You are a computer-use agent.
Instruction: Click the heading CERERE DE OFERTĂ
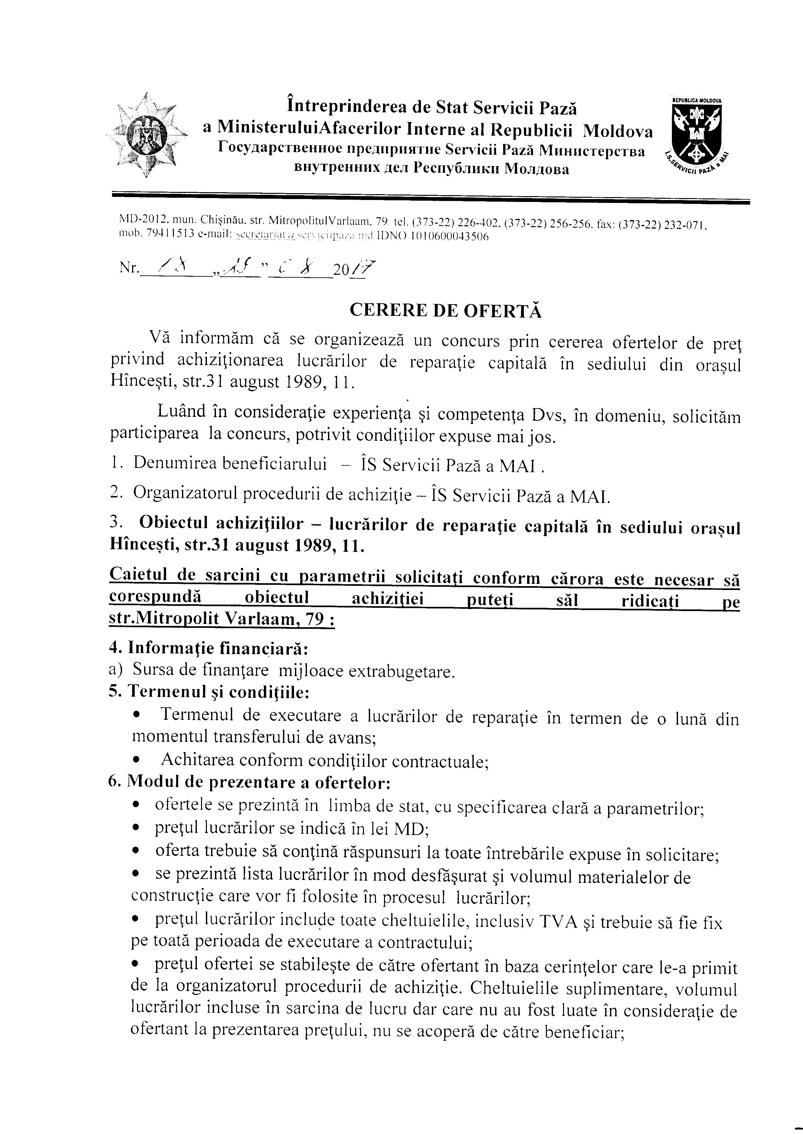coord(446,310)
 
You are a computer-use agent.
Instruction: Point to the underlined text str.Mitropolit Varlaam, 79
coord(221,619)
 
